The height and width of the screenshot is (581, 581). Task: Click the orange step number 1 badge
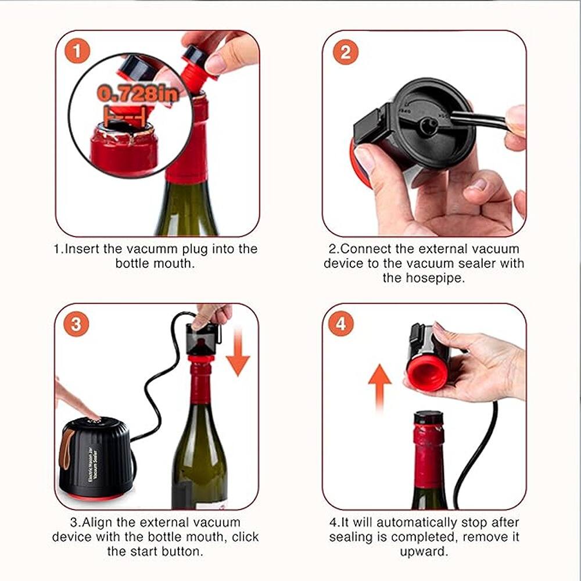point(77,52)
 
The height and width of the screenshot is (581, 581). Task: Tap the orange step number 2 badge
point(345,52)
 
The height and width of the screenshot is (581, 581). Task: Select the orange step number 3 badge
point(76,324)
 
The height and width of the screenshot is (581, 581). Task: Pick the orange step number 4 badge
point(341,324)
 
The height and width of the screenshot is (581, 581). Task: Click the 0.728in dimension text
point(138,93)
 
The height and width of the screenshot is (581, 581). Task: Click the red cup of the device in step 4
point(427,375)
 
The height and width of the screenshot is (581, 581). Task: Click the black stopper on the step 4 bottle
point(428,417)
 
